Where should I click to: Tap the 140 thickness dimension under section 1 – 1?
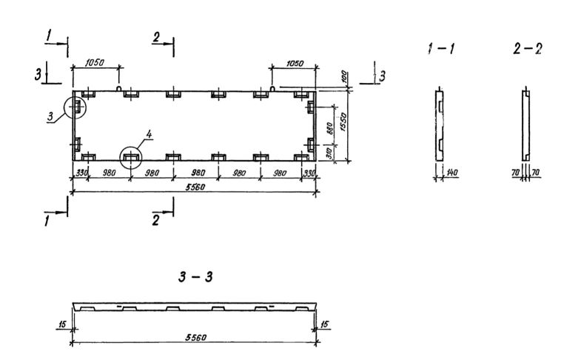pyautogui.click(x=453, y=172)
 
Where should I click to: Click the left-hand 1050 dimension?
pyautogui.click(x=95, y=64)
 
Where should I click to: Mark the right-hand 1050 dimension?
pyautogui.click(x=293, y=64)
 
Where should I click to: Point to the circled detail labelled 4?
pyautogui.click(x=132, y=158)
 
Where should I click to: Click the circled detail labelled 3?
pyautogui.click(x=75, y=107)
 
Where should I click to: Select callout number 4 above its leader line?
pyautogui.click(x=150, y=135)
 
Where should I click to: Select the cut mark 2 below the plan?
pyautogui.click(x=155, y=220)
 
